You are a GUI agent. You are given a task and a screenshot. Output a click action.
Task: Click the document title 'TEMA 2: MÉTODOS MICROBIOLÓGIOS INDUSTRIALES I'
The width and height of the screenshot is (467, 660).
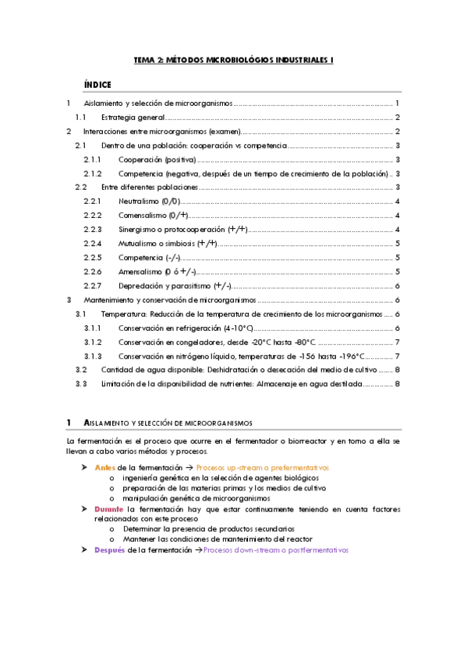click(x=234, y=59)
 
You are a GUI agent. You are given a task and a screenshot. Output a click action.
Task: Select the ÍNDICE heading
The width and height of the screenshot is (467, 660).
click(x=97, y=84)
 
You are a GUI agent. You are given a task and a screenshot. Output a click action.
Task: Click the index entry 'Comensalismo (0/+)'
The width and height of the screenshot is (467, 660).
click(x=153, y=215)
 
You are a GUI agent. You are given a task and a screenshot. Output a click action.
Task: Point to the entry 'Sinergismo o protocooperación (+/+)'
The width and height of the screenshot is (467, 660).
click(x=182, y=229)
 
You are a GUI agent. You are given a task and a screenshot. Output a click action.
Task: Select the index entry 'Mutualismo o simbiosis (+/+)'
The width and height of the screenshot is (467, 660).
click(x=168, y=244)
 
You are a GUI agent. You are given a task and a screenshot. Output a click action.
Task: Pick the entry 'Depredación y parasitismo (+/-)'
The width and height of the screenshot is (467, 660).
click(x=175, y=286)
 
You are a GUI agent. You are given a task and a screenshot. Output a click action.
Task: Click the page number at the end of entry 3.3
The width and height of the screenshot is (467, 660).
click(x=398, y=384)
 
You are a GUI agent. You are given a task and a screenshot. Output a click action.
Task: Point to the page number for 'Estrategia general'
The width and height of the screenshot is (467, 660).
click(x=398, y=118)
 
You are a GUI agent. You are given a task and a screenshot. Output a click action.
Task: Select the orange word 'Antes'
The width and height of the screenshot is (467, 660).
click(x=104, y=467)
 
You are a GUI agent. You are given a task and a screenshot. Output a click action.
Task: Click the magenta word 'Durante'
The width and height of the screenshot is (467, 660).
click(x=109, y=508)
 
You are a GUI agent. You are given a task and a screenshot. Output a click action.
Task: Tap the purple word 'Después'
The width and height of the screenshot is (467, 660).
click(x=109, y=549)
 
